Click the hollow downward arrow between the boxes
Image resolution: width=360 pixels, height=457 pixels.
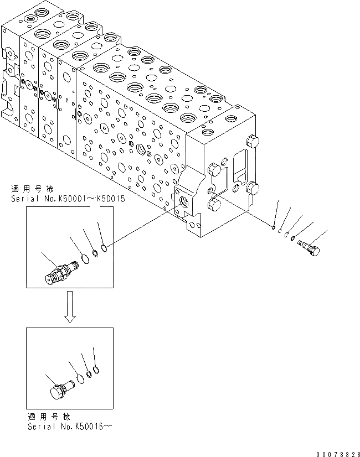(70, 311)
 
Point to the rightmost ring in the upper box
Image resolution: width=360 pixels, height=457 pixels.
(104, 247)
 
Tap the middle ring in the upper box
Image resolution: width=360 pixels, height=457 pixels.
(95, 253)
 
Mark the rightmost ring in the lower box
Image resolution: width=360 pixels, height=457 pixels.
(97, 369)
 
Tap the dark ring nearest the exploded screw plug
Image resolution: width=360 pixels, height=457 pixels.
(292, 240)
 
